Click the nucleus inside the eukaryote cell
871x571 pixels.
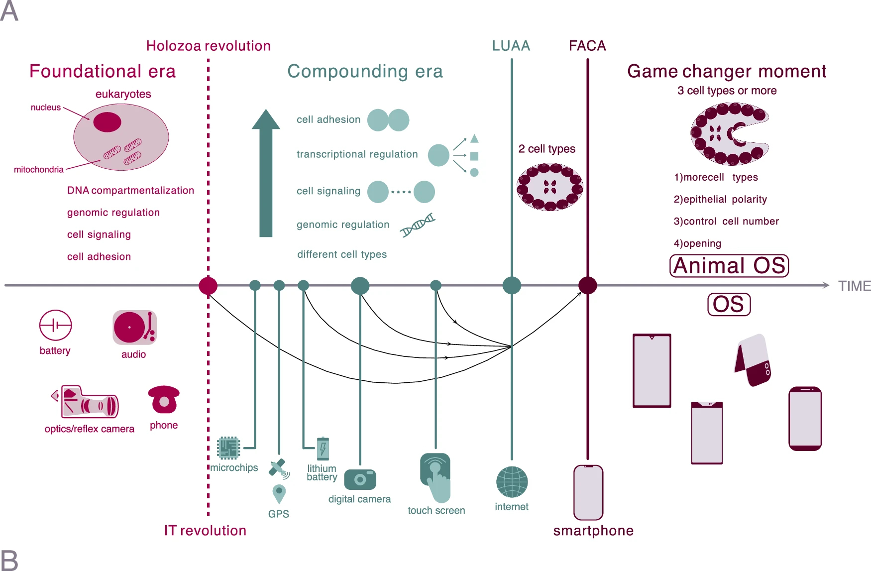click(107, 122)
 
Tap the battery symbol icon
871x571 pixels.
click(55, 326)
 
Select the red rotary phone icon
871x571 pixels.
click(164, 400)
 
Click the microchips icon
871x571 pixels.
click(228, 448)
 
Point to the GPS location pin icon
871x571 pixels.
click(279, 494)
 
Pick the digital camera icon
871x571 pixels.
click(360, 479)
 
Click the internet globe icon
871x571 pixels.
click(512, 482)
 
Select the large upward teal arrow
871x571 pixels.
click(266, 173)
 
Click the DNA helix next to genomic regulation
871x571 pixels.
click(418, 225)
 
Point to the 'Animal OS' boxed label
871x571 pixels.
click(729, 266)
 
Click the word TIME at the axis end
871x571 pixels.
click(854, 286)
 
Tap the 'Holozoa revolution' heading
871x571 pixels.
click(208, 46)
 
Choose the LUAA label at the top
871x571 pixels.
click(511, 46)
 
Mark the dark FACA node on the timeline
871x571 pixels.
click(588, 286)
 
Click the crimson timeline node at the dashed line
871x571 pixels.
click(208, 286)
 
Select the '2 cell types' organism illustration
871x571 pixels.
click(550, 187)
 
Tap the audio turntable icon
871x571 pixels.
click(134, 328)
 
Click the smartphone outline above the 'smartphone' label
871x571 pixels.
click(588, 492)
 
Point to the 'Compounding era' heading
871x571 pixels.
click(365, 71)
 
